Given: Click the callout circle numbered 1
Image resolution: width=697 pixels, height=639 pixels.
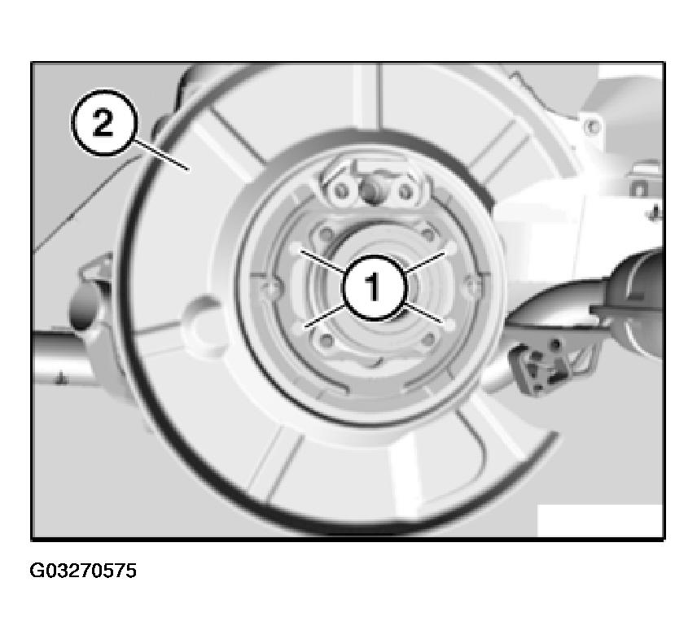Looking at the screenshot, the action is [375, 287].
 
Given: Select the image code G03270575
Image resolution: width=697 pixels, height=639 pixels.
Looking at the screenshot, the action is [83, 571].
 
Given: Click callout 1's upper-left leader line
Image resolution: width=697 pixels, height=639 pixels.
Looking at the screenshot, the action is [323, 260].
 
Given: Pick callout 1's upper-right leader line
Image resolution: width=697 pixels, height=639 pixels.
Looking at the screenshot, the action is [424, 262].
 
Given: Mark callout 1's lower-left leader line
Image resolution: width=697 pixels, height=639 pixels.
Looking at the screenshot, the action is [326, 316].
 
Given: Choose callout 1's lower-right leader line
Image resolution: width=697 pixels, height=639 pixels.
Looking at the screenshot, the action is [423, 313].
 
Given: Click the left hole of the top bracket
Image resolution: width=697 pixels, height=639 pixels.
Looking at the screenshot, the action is [341, 191].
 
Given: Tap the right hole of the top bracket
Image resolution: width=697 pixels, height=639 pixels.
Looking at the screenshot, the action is [405, 192].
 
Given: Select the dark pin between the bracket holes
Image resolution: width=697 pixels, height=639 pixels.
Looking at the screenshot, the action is [370, 191].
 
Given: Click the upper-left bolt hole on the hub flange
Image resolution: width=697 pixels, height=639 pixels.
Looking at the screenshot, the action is [326, 233].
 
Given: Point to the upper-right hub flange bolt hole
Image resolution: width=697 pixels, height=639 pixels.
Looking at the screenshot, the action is [427, 233].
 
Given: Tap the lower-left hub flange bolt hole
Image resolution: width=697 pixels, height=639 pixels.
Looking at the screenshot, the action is [327, 341].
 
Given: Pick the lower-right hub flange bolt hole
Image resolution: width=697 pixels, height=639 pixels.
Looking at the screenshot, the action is [427, 340].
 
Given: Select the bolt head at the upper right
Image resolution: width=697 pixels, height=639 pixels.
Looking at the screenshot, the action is [592, 127].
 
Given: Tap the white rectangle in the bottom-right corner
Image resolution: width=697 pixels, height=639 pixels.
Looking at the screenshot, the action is [600, 520].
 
